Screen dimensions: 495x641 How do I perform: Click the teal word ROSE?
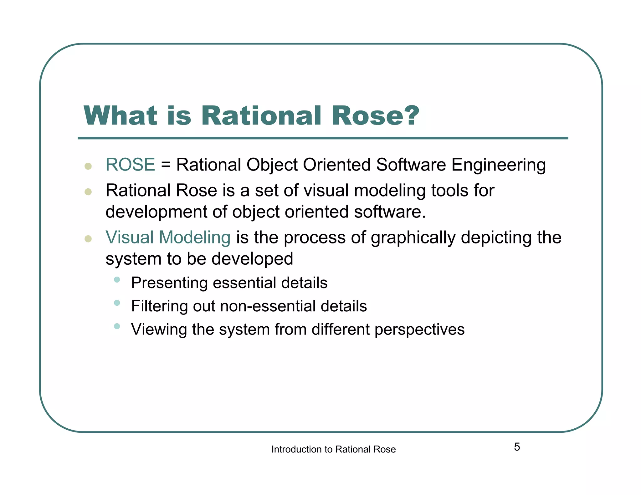coord(130,165)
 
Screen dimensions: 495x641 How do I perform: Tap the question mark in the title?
coord(409,115)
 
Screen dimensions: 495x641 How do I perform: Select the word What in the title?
coord(120,115)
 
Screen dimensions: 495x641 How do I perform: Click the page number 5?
coord(517,447)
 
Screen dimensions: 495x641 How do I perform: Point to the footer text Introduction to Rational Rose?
coord(333,449)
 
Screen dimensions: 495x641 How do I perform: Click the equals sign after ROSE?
coord(166,165)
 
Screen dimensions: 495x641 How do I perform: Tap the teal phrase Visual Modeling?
coord(168,237)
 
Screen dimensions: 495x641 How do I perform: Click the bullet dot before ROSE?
coord(88,166)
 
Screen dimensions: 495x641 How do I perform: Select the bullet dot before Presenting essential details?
coord(117,279)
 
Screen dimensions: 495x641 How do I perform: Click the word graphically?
coord(413,238)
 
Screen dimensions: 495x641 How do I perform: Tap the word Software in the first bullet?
coord(411,165)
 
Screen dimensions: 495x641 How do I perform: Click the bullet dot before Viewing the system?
coord(117,326)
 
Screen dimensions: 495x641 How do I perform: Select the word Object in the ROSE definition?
coord(272,165)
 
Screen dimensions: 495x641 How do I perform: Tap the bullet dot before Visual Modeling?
coord(88,239)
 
